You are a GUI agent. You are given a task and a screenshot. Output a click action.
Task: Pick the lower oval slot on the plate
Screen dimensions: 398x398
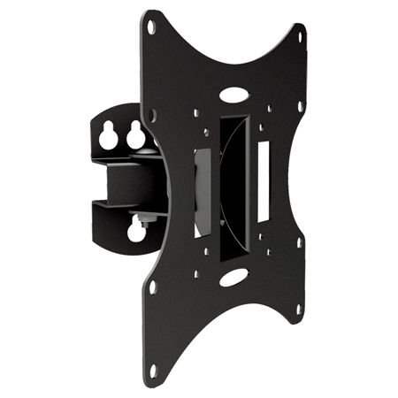tap(234, 277)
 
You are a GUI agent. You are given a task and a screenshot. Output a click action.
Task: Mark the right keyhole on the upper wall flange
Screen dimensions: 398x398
tap(135, 135)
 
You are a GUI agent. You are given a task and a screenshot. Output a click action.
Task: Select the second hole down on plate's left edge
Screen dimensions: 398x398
tap(152, 114)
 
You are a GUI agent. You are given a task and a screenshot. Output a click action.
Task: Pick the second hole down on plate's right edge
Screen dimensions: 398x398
tap(300, 109)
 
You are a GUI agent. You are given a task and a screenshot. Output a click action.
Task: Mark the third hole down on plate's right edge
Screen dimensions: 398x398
tap(300, 241)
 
